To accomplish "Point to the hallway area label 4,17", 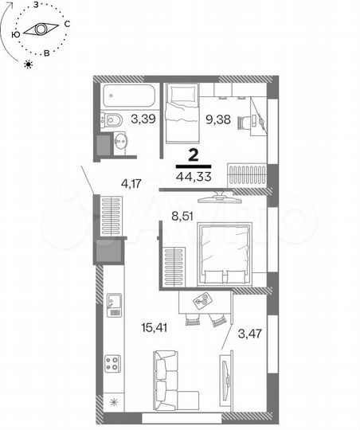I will (132, 184).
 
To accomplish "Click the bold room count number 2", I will (193, 155).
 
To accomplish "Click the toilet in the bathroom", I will (112, 120).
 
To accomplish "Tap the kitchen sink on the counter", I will (113, 300).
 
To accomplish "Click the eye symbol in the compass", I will (38, 29).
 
